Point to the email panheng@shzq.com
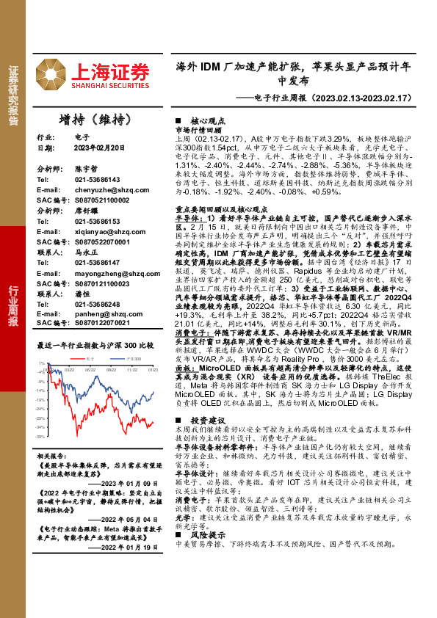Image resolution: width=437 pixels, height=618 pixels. point(102,313)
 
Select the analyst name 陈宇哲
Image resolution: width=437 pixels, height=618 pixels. point(85,168)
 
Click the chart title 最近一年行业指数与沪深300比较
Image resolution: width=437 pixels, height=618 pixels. point(95,344)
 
